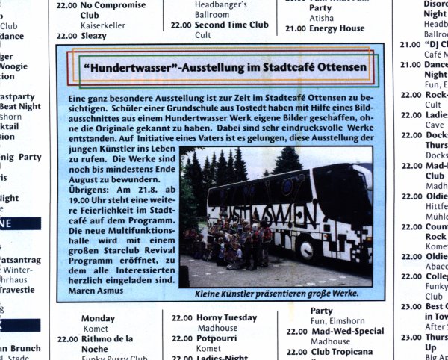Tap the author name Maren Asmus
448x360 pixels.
95,290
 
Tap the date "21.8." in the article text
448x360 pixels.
148,190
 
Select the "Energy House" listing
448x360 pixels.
337,29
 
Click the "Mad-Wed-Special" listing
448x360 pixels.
348,331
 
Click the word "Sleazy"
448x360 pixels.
94,35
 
